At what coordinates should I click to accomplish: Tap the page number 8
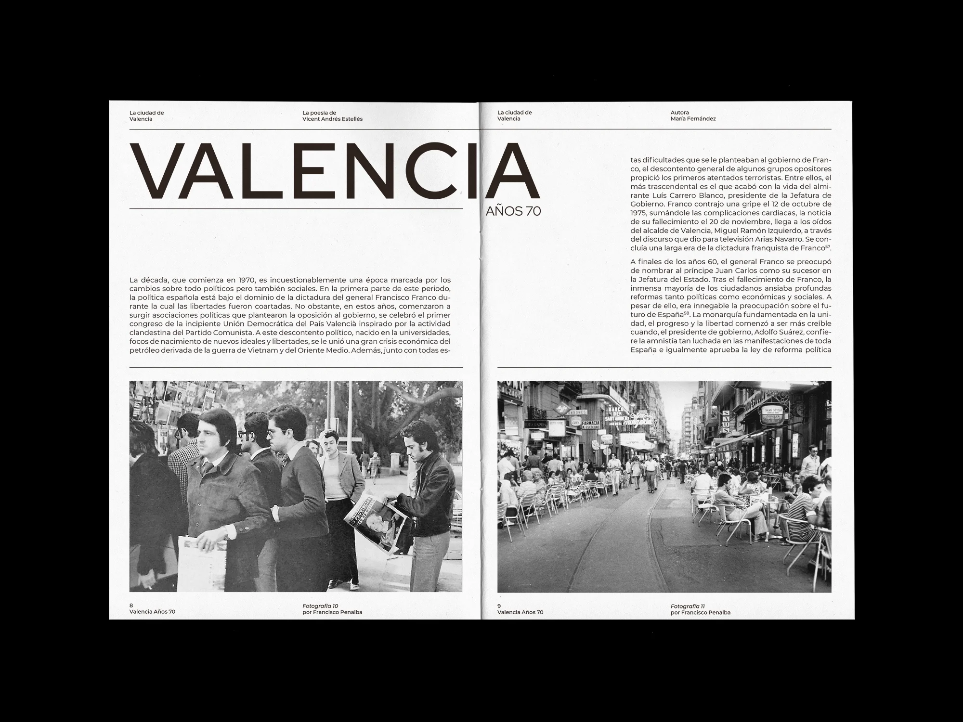131,606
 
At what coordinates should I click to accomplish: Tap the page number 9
499,606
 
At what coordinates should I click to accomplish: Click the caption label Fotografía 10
320,606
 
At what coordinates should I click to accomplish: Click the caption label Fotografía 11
688,606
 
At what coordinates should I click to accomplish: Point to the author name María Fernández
693,119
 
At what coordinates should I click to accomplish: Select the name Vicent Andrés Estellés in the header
333,119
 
